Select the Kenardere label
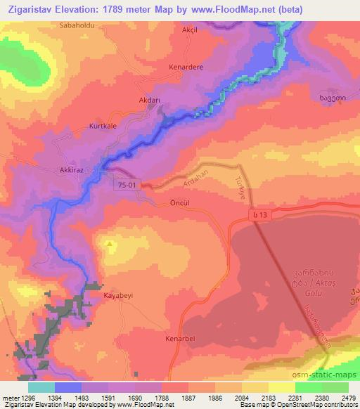(x=186, y=67)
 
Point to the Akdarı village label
(x=149, y=100)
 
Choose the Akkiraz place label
(x=72, y=170)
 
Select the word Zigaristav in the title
(x=32, y=11)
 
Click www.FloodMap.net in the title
(x=232, y=11)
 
